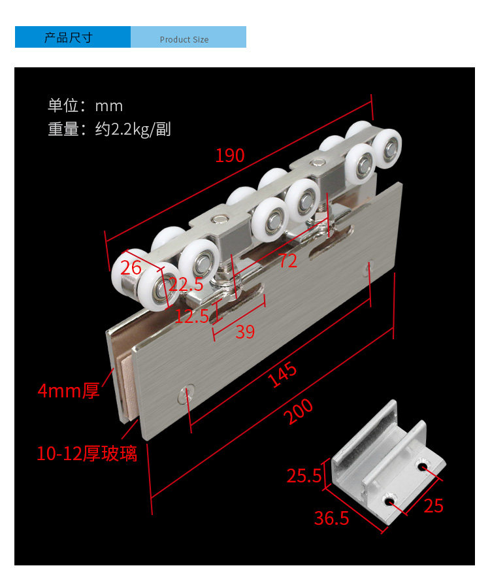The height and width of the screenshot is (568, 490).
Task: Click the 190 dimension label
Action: pos(230,156)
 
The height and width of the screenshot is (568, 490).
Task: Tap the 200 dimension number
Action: pos(299,412)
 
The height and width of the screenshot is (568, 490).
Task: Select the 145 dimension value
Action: pos(283,375)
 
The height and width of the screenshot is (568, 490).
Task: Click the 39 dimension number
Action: pos(245,332)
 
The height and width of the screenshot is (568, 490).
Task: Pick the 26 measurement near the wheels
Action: pos(131,267)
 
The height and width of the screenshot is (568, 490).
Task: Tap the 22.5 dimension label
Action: pos(186,284)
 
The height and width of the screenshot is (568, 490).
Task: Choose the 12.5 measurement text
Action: pos(192,316)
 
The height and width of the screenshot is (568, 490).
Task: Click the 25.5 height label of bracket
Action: pos(304,476)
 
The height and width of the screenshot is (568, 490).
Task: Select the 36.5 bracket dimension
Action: pos(332,518)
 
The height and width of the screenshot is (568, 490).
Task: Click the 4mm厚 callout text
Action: pos(69,392)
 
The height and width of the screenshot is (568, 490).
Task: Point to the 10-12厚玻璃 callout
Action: pos(87,454)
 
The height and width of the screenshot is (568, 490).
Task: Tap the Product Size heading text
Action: pos(184,39)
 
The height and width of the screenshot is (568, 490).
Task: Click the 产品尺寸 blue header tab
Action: pos(69,37)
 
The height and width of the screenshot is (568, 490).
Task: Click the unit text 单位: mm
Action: pos(86,106)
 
